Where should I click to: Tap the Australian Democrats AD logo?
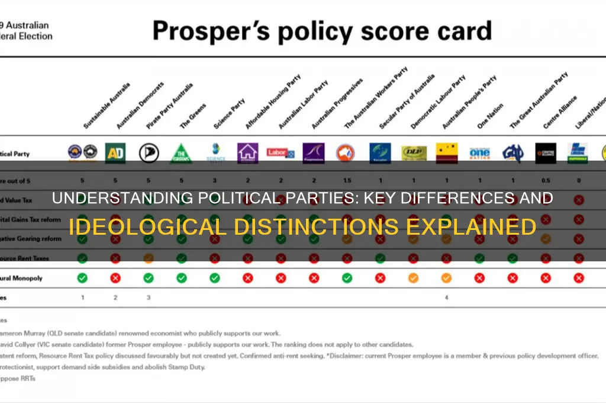[x=115, y=153]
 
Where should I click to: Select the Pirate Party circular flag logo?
[x=149, y=153]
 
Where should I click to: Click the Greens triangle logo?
[x=182, y=153]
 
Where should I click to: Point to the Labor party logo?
[x=281, y=153]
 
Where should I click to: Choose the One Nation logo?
[x=479, y=153]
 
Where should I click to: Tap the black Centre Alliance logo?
[x=545, y=153]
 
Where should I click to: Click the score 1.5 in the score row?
[x=347, y=180]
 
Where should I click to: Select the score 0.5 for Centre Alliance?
[x=545, y=180]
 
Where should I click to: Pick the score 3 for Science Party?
[x=215, y=180]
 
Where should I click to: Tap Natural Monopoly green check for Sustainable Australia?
[x=82, y=277]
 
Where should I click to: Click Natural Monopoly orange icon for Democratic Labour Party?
[x=413, y=277]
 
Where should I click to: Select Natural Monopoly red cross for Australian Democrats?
[x=115, y=277]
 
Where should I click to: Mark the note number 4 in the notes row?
[x=446, y=298]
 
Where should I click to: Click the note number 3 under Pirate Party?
[x=149, y=298]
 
